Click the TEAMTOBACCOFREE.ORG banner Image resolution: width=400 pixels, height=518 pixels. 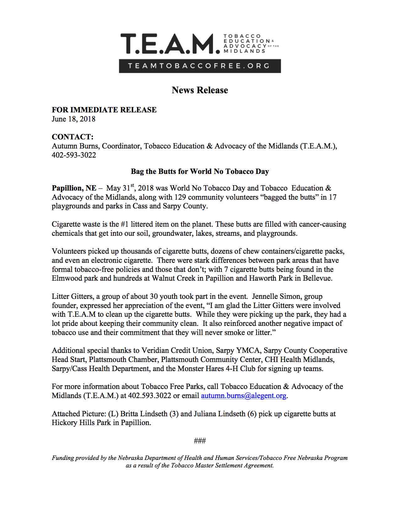200,66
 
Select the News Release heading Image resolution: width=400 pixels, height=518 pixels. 200,90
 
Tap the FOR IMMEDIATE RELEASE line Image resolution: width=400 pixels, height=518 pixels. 104,110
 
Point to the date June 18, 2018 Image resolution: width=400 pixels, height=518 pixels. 73,119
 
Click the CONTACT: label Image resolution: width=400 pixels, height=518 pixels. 72,137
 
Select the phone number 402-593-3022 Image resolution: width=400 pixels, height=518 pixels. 74,155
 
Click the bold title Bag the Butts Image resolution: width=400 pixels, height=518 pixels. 200,171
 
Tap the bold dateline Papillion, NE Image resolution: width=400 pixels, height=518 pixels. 74,188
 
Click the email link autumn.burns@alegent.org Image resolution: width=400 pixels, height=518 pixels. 243,396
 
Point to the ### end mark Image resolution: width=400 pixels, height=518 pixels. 200,441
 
